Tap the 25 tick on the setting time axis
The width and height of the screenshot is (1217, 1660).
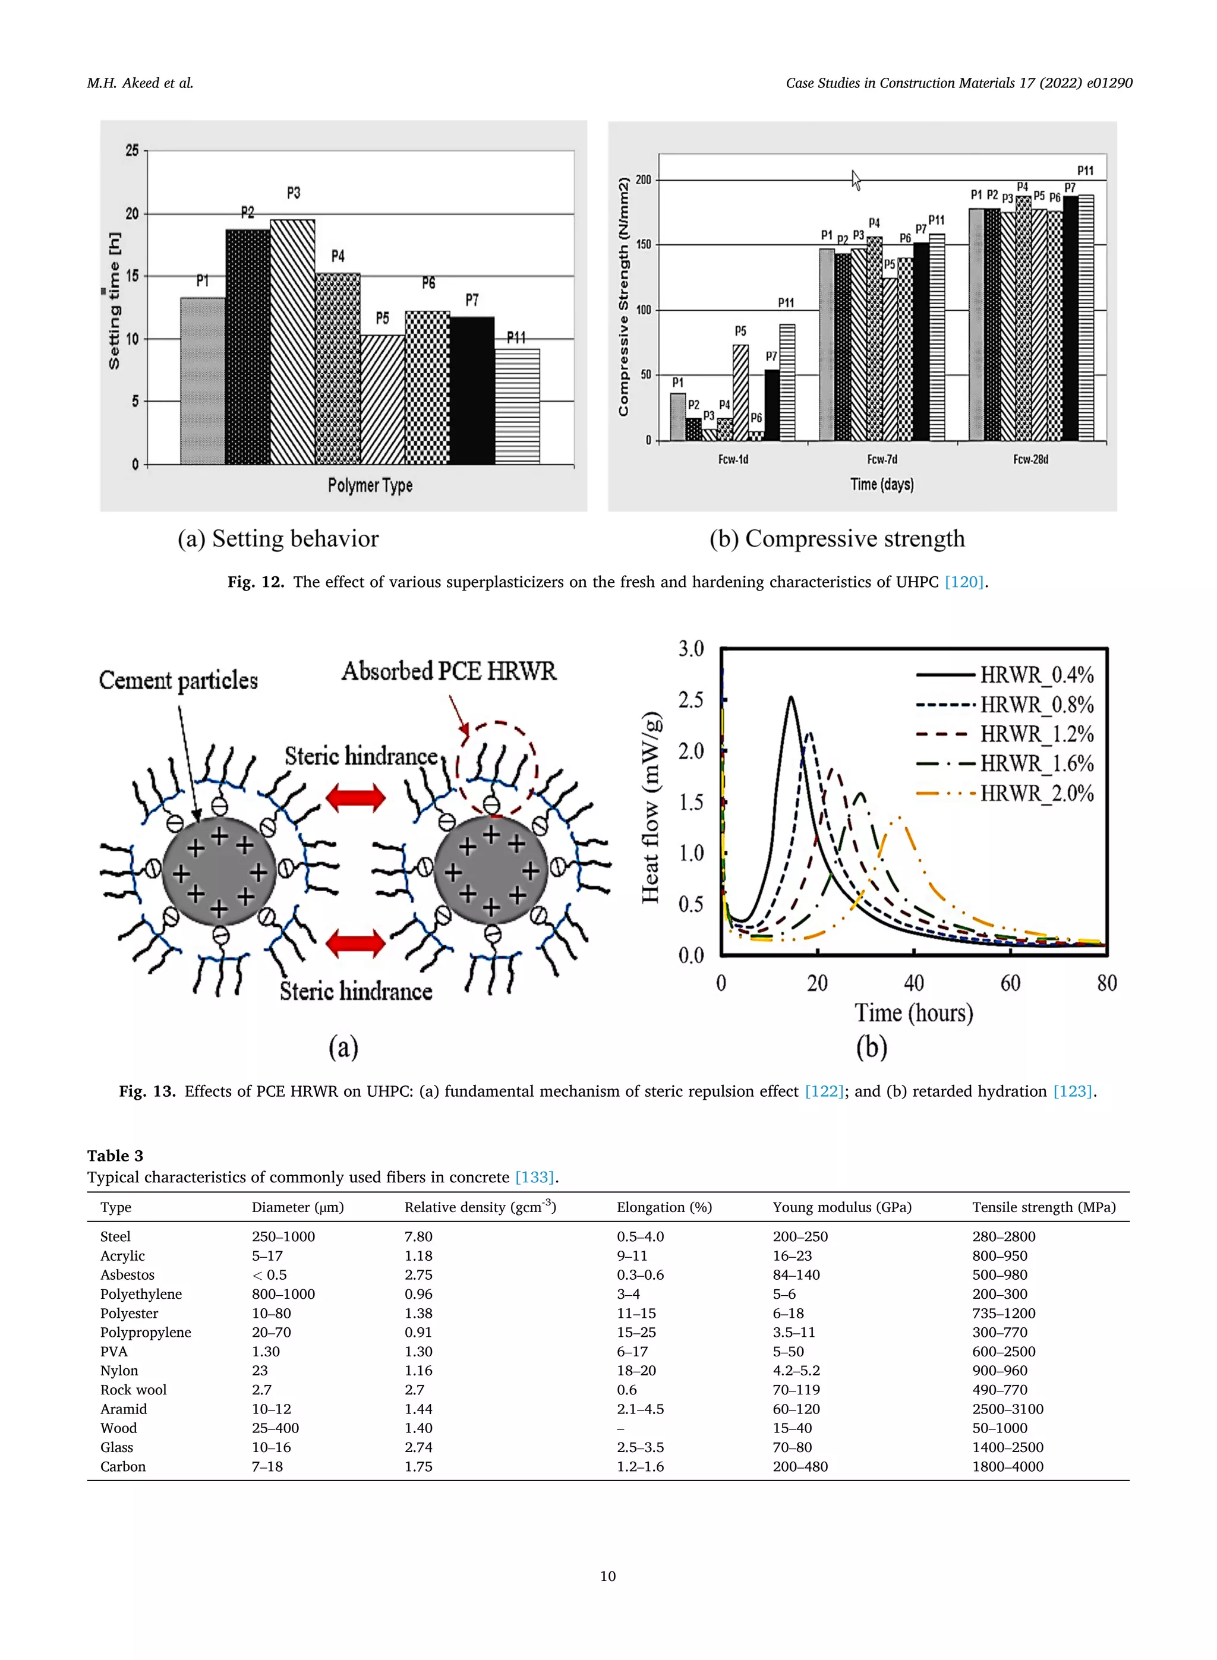tap(132, 151)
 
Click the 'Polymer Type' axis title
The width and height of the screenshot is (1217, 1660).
tap(370, 485)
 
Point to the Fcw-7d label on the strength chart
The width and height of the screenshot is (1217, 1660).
tap(882, 459)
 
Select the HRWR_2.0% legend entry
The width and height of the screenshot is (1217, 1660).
tap(1036, 794)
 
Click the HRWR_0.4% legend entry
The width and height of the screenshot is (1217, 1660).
tap(1036, 674)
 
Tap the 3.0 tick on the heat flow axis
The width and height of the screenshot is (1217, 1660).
tap(691, 649)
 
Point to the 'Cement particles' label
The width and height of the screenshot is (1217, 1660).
tap(178, 680)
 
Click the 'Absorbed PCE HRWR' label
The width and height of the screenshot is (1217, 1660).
tap(449, 671)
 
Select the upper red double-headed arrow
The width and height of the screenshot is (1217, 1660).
tap(356, 797)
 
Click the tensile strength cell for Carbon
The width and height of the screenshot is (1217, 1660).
tap(1007, 1466)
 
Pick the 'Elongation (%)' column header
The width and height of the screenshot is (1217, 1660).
tap(664, 1207)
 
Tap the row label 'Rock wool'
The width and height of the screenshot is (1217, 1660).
tap(133, 1390)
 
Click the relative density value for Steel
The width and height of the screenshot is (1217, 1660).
tap(418, 1236)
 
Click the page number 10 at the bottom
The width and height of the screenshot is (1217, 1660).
tap(608, 1576)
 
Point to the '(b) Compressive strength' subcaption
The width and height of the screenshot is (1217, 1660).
tap(836, 539)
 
